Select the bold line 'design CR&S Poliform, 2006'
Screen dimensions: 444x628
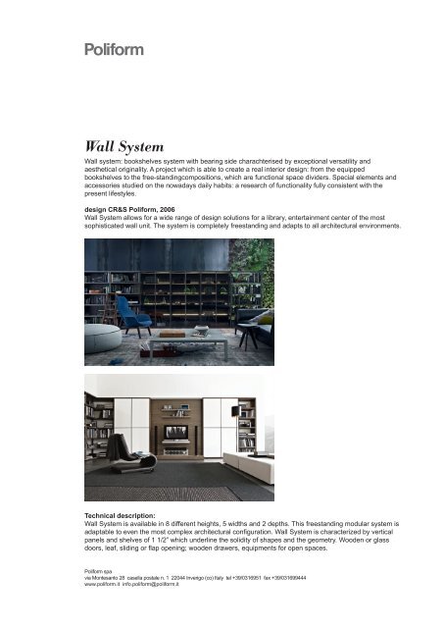pos(136,209)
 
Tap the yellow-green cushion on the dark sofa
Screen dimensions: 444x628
pos(264,317)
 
